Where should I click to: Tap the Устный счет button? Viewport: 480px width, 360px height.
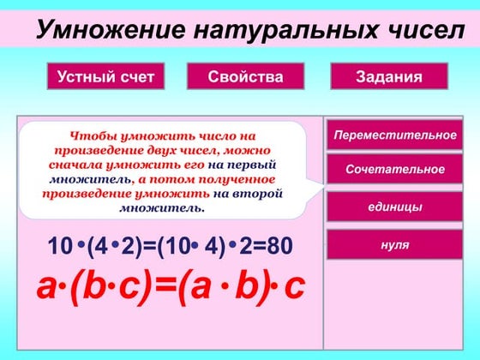pyautogui.click(x=105, y=77)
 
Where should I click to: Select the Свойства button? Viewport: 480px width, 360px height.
pyautogui.click(x=245, y=77)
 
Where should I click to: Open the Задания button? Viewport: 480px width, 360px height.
pyautogui.click(x=389, y=77)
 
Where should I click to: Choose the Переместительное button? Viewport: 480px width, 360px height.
pyautogui.click(x=394, y=135)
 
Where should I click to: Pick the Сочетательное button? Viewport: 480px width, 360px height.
pyautogui.click(x=394, y=170)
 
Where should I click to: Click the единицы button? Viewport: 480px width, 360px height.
pyautogui.click(x=394, y=207)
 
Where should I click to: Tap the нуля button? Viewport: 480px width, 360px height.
pyautogui.click(x=394, y=244)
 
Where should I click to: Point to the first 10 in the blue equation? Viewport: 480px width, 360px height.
pyautogui.click(x=60, y=247)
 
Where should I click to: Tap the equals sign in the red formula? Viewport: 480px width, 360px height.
pyautogui.click(x=163, y=288)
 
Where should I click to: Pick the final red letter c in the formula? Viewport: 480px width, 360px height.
pyautogui.click(x=293, y=288)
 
